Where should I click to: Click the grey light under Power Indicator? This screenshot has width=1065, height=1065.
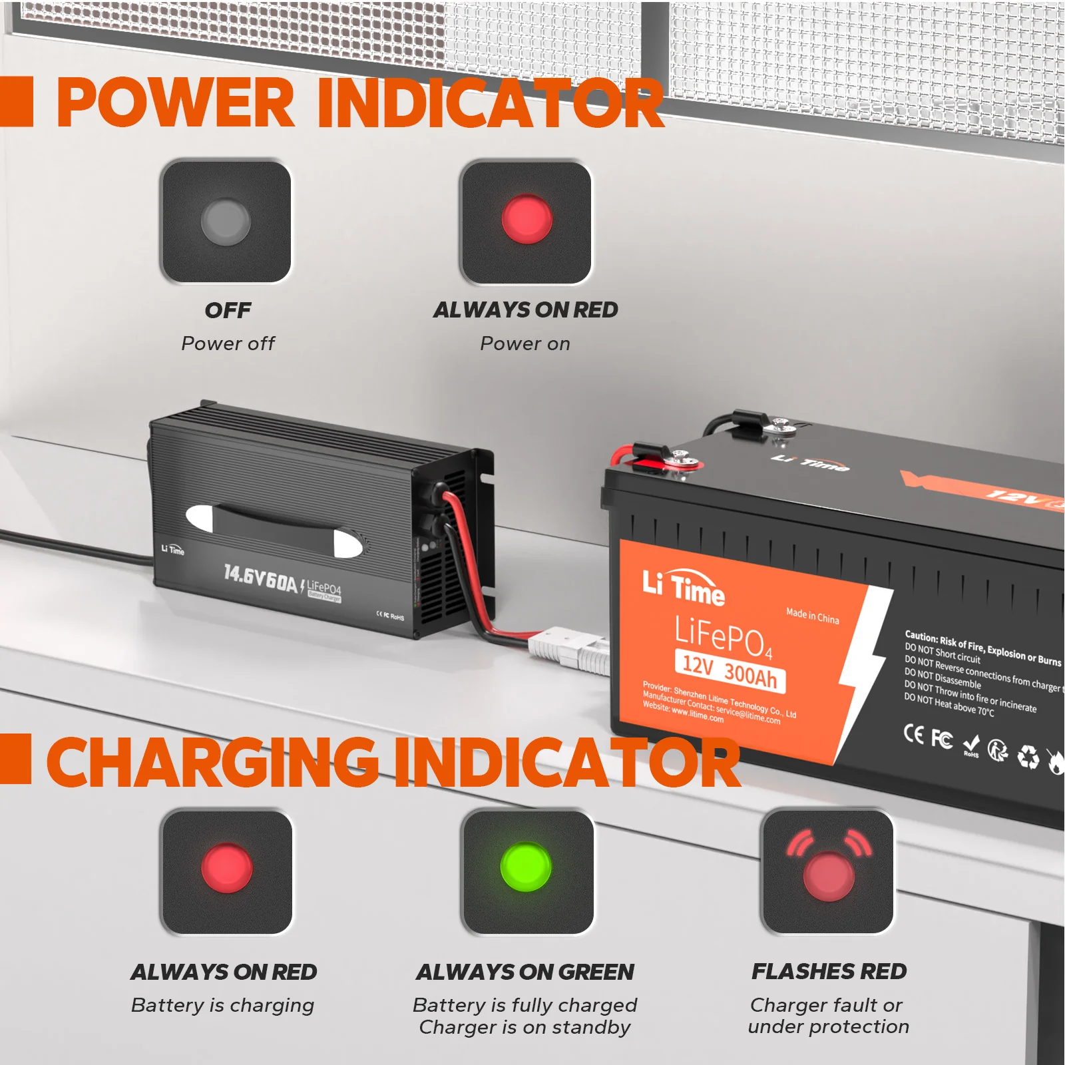tap(226, 222)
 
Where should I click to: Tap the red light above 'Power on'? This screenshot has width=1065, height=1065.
tap(527, 219)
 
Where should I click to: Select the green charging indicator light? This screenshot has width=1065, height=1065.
tap(526, 866)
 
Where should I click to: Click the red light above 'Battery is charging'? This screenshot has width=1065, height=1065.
tap(227, 868)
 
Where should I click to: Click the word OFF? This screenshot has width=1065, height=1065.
tap(228, 310)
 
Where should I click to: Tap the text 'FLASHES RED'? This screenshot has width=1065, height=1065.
tap(829, 971)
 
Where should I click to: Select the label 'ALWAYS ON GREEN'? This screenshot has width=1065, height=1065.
tap(525, 972)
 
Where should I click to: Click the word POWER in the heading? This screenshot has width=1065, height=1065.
tap(176, 103)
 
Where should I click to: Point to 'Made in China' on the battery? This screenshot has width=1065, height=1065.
tap(812, 615)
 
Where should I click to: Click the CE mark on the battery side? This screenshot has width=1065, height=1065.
tap(913, 733)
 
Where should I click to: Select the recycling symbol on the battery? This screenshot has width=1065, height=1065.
tap(1028, 756)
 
